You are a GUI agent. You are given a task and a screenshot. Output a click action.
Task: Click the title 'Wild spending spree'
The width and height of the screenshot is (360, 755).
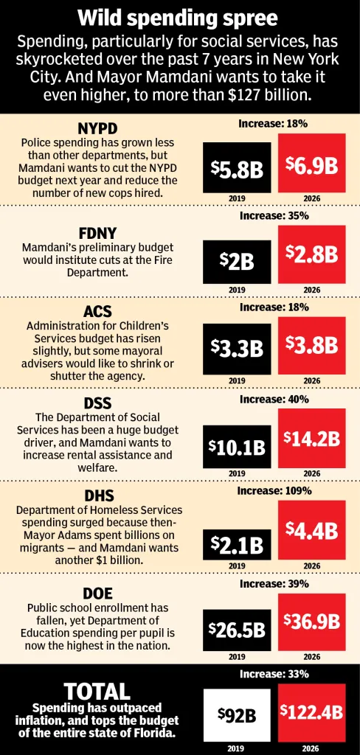pos(180,18)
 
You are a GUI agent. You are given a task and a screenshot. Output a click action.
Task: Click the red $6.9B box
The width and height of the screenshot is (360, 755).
pos(312,164)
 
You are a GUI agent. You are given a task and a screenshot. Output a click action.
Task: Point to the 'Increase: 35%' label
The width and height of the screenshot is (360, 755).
pos(274,216)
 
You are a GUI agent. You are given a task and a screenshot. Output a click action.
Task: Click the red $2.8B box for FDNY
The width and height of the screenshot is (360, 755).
pos(312,254)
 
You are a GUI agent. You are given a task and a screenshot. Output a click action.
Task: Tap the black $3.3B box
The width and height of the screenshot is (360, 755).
pos(236,349)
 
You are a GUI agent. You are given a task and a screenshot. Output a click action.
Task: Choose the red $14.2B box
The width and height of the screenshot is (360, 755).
pos(312,438)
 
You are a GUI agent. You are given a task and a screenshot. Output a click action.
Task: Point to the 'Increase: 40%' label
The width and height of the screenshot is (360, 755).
pos(274,399)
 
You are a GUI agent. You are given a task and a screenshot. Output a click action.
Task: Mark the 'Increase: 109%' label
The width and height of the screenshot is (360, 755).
pos(274,490)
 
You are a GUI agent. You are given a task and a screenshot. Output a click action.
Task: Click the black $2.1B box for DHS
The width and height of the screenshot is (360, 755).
pos(236,544)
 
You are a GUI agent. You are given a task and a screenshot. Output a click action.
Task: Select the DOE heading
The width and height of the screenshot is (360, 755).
pos(97,592)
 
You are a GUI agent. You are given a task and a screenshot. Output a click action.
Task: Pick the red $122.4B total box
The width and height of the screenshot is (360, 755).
pos(312,712)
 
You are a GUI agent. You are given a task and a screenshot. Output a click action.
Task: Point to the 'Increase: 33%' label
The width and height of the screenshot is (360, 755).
pos(274,674)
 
